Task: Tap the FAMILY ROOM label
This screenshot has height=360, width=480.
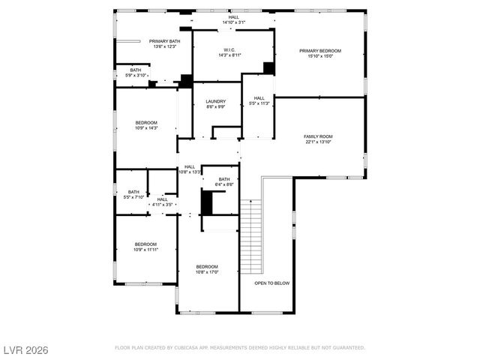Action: pos(317,136)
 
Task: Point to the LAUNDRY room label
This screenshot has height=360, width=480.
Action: pos(215,102)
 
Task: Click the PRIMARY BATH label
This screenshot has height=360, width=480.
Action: pos(164,41)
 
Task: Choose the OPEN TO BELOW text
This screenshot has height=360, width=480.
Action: pos(271,283)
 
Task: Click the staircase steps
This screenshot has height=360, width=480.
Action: pos(250,236)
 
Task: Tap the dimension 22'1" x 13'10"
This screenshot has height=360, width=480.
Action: pos(317,142)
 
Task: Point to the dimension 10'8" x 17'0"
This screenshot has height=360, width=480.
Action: pos(207,271)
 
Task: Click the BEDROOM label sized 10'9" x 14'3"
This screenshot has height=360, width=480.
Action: pos(146,123)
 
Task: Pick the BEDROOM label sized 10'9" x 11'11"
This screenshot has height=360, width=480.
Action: pos(145,244)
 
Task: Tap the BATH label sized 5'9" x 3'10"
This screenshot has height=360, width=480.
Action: pos(135,70)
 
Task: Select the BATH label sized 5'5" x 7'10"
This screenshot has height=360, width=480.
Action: pos(133,192)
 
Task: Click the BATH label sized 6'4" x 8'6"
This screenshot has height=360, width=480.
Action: pos(224,179)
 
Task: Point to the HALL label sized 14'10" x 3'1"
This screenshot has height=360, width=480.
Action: pos(234,17)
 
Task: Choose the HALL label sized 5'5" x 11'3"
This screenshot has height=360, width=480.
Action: pos(259,98)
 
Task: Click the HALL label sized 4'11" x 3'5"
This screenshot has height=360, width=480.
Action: pos(163,199)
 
